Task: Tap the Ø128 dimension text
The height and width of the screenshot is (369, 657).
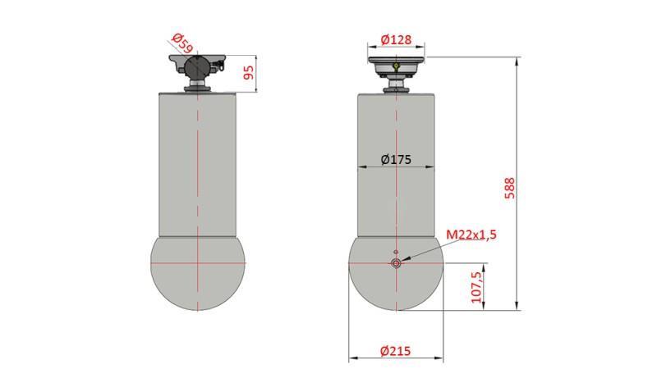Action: pos(396,38)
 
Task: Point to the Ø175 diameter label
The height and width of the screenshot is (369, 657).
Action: pos(396,159)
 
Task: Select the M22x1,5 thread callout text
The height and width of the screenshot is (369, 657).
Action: pos(471,235)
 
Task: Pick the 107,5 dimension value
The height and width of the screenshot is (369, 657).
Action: pos(477,288)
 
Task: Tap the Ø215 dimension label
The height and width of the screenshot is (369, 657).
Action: pos(396,351)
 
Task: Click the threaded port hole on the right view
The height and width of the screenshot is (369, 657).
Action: pos(396,263)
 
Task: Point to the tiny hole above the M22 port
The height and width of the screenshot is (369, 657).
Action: pos(396,252)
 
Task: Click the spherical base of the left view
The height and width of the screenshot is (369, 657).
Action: pos(198,275)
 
